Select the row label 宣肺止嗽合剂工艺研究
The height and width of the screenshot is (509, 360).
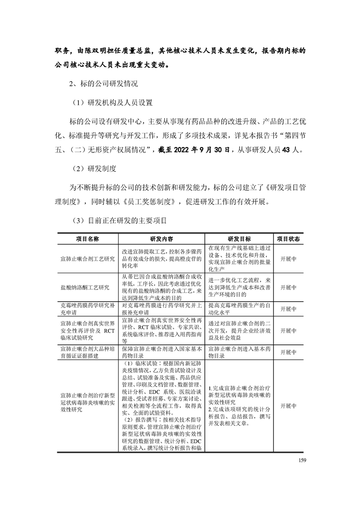coord(87,259)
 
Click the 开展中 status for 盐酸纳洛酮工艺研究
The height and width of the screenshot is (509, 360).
coord(288,287)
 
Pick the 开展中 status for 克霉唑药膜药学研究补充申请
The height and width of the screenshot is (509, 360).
coord(288,309)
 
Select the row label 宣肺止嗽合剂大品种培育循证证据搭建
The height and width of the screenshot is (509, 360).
coord(87,352)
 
